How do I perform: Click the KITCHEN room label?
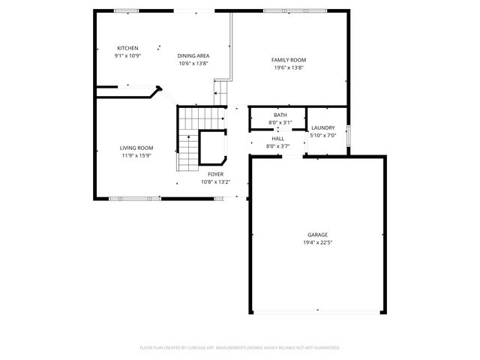click(x=127, y=49)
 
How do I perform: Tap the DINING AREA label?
click(x=193, y=56)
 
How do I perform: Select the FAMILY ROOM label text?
click(x=289, y=60)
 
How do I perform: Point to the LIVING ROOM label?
click(x=136, y=148)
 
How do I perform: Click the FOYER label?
click(x=215, y=174)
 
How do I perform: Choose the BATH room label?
click(x=280, y=115)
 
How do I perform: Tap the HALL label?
click(x=278, y=139)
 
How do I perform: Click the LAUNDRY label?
click(x=323, y=127)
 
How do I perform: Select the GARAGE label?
click(x=317, y=235)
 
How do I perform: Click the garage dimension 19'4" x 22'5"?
click(x=317, y=242)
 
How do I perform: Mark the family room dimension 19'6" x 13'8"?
click(x=289, y=67)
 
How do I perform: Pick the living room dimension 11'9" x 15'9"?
click(x=136, y=156)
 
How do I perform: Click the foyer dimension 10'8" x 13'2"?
click(x=215, y=181)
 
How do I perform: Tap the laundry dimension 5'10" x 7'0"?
click(x=323, y=136)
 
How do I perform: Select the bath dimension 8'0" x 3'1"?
click(x=280, y=122)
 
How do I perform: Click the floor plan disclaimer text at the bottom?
click(x=240, y=347)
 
